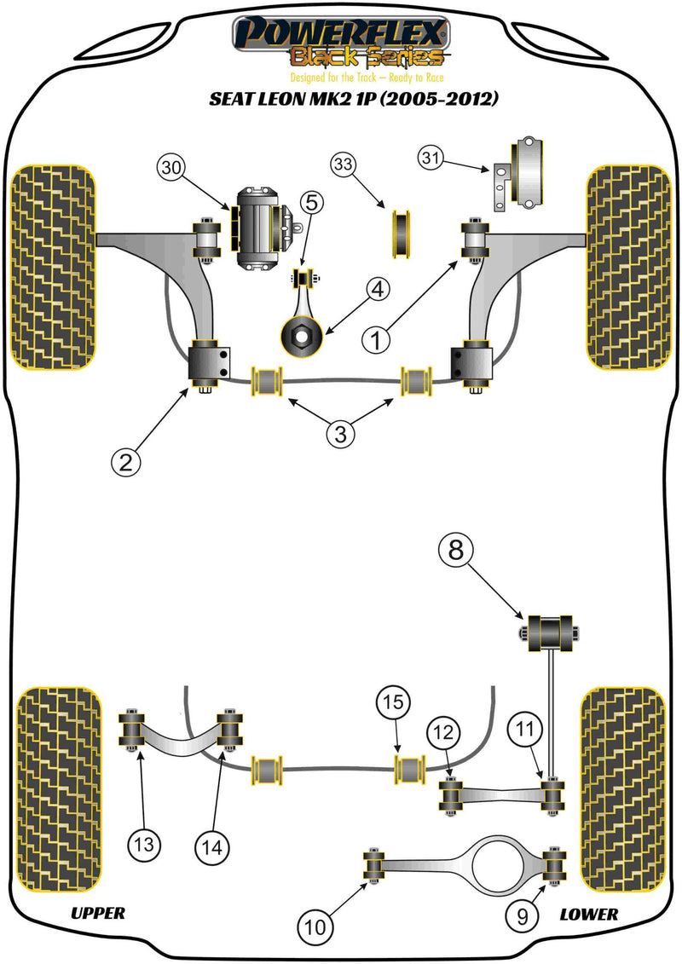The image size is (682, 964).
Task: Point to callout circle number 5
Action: coord(312,203)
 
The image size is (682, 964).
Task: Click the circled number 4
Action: coord(378,290)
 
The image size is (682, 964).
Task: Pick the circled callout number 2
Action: coord(126,462)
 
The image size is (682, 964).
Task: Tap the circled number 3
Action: coord(339,434)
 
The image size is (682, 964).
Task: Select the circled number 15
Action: coord(393,703)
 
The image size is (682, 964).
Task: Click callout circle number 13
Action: coord(142,846)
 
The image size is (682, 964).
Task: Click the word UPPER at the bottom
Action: coord(97,914)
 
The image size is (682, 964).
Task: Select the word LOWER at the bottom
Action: coord(588,914)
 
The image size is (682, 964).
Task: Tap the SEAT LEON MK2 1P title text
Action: coord(354,98)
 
